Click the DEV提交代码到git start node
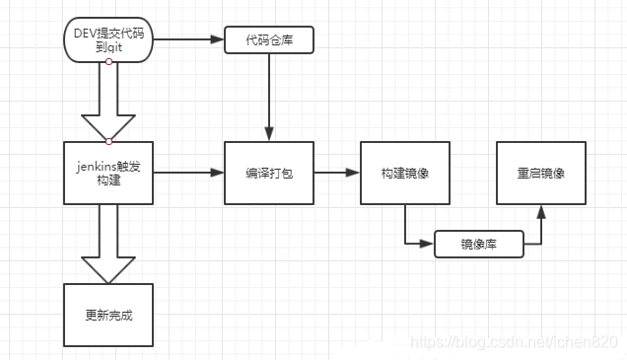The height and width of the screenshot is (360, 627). coord(108,39)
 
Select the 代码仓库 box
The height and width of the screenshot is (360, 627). coord(268,40)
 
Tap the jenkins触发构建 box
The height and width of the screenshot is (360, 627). coord(108,173)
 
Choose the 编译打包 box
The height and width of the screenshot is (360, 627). coord(268,173)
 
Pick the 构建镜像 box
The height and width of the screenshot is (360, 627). coord(405,173)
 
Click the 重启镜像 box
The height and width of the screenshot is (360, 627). coord(540,173)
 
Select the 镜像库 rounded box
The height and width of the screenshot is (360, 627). coord(479,244)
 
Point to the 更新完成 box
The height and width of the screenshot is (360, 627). coord(108,316)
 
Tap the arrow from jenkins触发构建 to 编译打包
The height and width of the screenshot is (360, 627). coord(187,173)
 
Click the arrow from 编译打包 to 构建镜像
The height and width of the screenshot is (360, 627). coord(336,173)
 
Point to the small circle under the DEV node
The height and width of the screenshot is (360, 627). coord(108,62)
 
